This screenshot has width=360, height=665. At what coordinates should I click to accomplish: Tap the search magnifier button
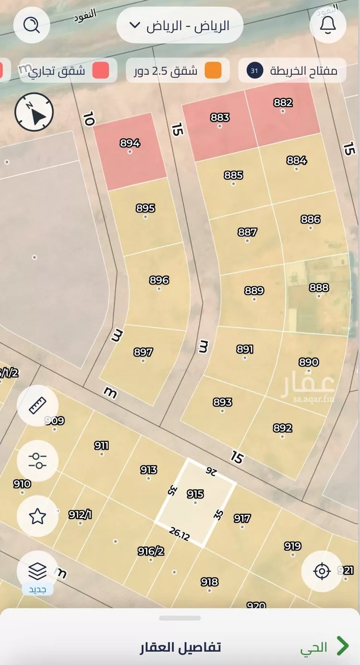pos(32,25)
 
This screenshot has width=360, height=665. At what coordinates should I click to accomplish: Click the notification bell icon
pos(328,25)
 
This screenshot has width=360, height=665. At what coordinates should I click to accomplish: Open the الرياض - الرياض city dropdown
pos(180,25)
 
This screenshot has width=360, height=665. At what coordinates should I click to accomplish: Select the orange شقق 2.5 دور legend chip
pos(178,71)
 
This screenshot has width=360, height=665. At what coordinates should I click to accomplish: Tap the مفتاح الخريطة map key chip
pos(292,71)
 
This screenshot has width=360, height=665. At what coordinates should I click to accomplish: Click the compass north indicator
pos(34,112)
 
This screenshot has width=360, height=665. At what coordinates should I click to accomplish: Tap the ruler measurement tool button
pos(37,405)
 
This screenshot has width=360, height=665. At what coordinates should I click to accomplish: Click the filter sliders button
pos(37,461)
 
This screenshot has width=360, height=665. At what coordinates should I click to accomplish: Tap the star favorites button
pos(37,516)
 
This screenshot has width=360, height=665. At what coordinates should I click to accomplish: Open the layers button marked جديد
pos(37,572)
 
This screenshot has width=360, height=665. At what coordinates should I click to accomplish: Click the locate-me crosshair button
pos(322,571)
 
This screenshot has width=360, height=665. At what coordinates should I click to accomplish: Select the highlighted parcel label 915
pos(195,494)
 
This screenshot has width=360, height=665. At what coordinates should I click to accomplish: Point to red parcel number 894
pos(130,143)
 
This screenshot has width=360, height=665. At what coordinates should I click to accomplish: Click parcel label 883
pos(220,118)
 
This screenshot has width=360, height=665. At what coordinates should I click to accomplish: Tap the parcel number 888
pos(319,287)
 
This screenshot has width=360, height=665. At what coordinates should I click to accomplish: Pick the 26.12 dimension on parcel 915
pos(180,534)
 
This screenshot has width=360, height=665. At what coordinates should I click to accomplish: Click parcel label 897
pos(143,352)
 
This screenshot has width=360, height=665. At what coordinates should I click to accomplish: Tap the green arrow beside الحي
pos(342,646)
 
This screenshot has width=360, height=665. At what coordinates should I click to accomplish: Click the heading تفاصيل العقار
pos(180,647)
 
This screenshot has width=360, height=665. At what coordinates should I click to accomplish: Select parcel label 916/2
pos(151,552)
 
